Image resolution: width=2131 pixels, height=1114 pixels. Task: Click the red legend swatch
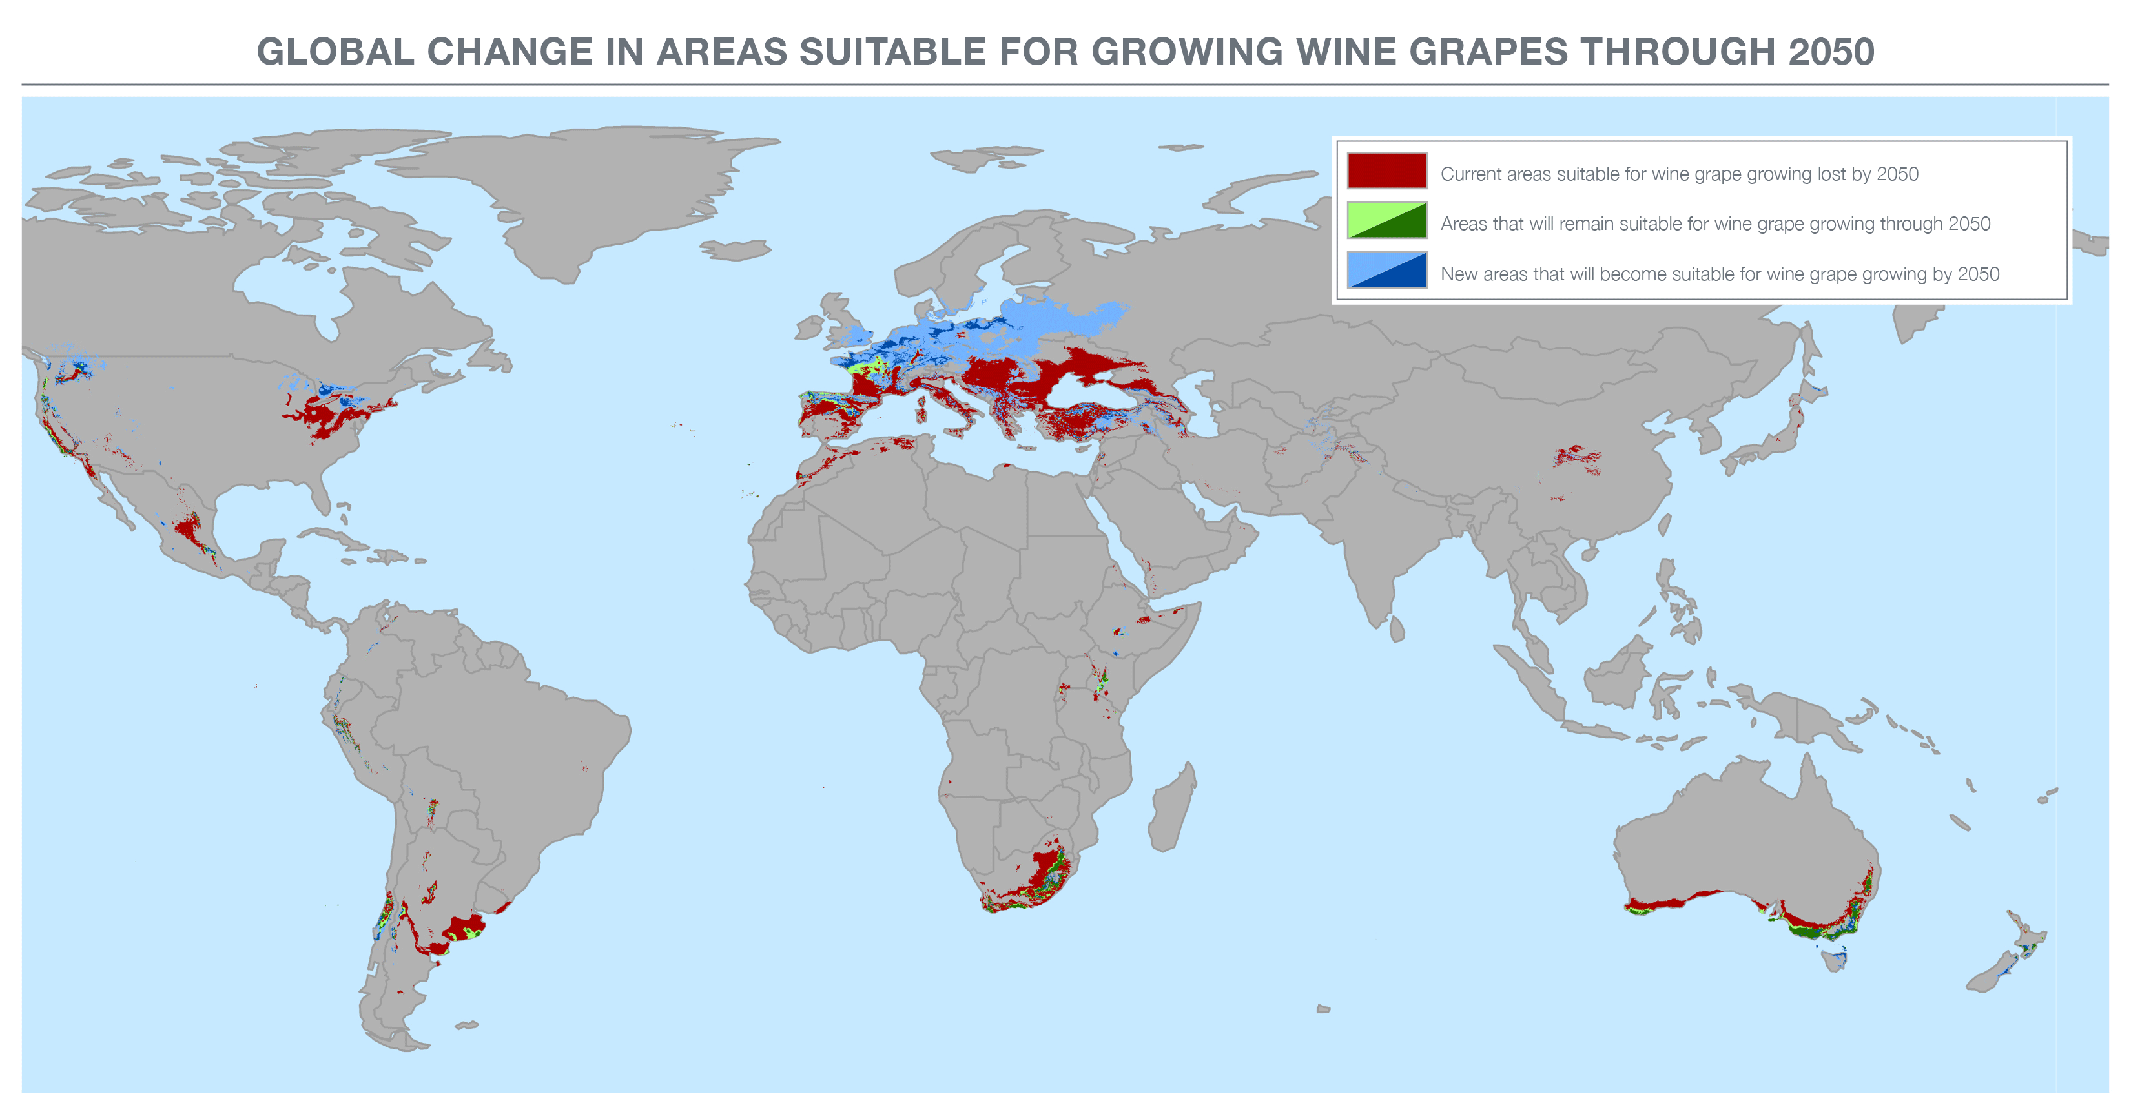click(1386, 170)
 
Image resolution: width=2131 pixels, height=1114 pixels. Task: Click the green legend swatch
click(1386, 221)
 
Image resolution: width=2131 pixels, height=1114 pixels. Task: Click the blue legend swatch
click(1386, 271)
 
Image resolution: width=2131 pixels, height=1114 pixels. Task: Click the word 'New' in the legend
click(1459, 274)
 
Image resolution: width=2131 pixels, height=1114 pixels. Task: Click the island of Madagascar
click(1173, 807)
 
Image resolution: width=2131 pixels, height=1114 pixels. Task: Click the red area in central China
click(1576, 457)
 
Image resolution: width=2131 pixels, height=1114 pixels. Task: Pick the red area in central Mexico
click(189, 530)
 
